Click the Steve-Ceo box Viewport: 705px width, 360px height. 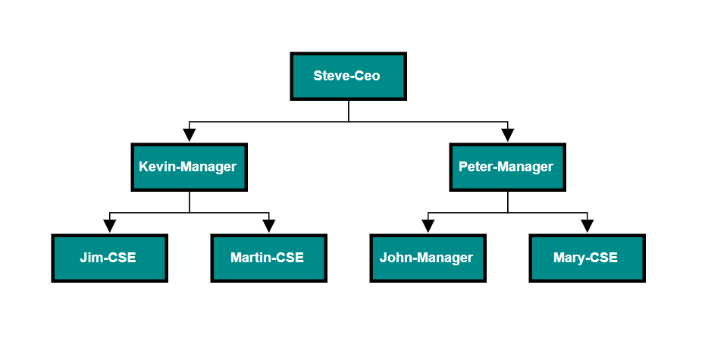[349, 76]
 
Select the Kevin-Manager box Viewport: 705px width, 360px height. [189, 167]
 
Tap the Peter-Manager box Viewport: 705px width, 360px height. [507, 167]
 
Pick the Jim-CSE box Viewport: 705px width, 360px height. [109, 258]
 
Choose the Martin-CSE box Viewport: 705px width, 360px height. [268, 258]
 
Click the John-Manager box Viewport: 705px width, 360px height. [428, 258]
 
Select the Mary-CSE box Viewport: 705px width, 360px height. [587, 258]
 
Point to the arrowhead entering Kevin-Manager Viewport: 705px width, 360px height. [190, 136]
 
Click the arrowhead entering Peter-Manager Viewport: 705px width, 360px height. [508, 136]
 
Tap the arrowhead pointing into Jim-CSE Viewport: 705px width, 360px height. [110, 227]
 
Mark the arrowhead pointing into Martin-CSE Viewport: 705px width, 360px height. [269, 227]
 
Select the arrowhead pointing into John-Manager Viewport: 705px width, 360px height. [428, 227]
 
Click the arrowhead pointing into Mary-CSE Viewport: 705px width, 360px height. [587, 227]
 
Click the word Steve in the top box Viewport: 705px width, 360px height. [331, 76]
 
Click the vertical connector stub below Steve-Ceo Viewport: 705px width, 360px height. [349, 111]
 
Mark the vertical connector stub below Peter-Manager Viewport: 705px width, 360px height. [508, 202]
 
